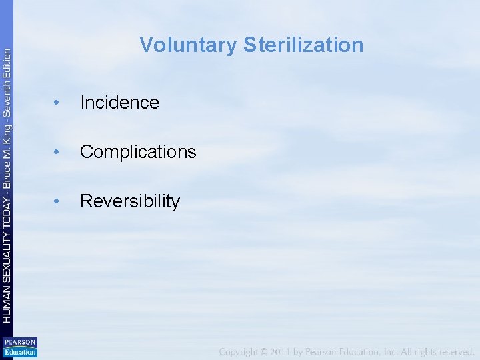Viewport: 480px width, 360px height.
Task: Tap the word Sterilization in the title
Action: click(x=303, y=45)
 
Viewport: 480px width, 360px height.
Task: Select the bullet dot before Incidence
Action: click(x=58, y=103)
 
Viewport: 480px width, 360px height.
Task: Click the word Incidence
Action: click(x=119, y=103)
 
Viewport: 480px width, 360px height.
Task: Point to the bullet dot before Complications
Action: click(x=58, y=152)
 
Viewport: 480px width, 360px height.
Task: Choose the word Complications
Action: click(x=138, y=152)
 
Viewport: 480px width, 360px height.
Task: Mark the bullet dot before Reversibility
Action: click(x=58, y=201)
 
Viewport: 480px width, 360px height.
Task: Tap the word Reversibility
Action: click(x=130, y=201)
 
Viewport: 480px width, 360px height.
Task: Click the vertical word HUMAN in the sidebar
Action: click(x=7, y=303)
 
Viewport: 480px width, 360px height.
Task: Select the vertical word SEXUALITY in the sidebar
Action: click(x=7, y=249)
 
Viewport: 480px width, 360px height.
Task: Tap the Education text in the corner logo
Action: click(x=20, y=351)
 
